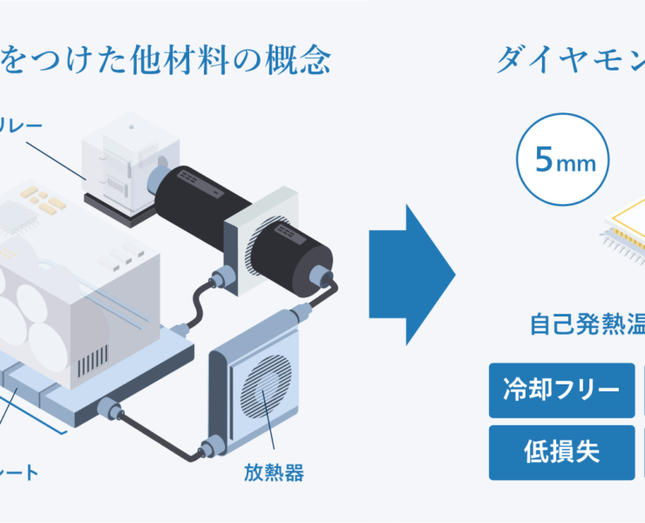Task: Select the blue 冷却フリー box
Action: coord(561,388)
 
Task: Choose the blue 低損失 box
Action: coord(561,452)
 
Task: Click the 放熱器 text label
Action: coord(274,474)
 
